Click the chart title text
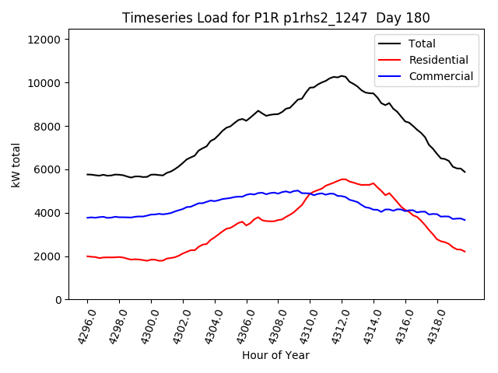[x=277, y=18]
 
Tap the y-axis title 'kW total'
[x=16, y=169]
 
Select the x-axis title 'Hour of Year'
[x=275, y=355]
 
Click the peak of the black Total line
[x=342, y=75]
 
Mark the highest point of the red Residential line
[x=342, y=179]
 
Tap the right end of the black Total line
[x=465, y=172]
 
